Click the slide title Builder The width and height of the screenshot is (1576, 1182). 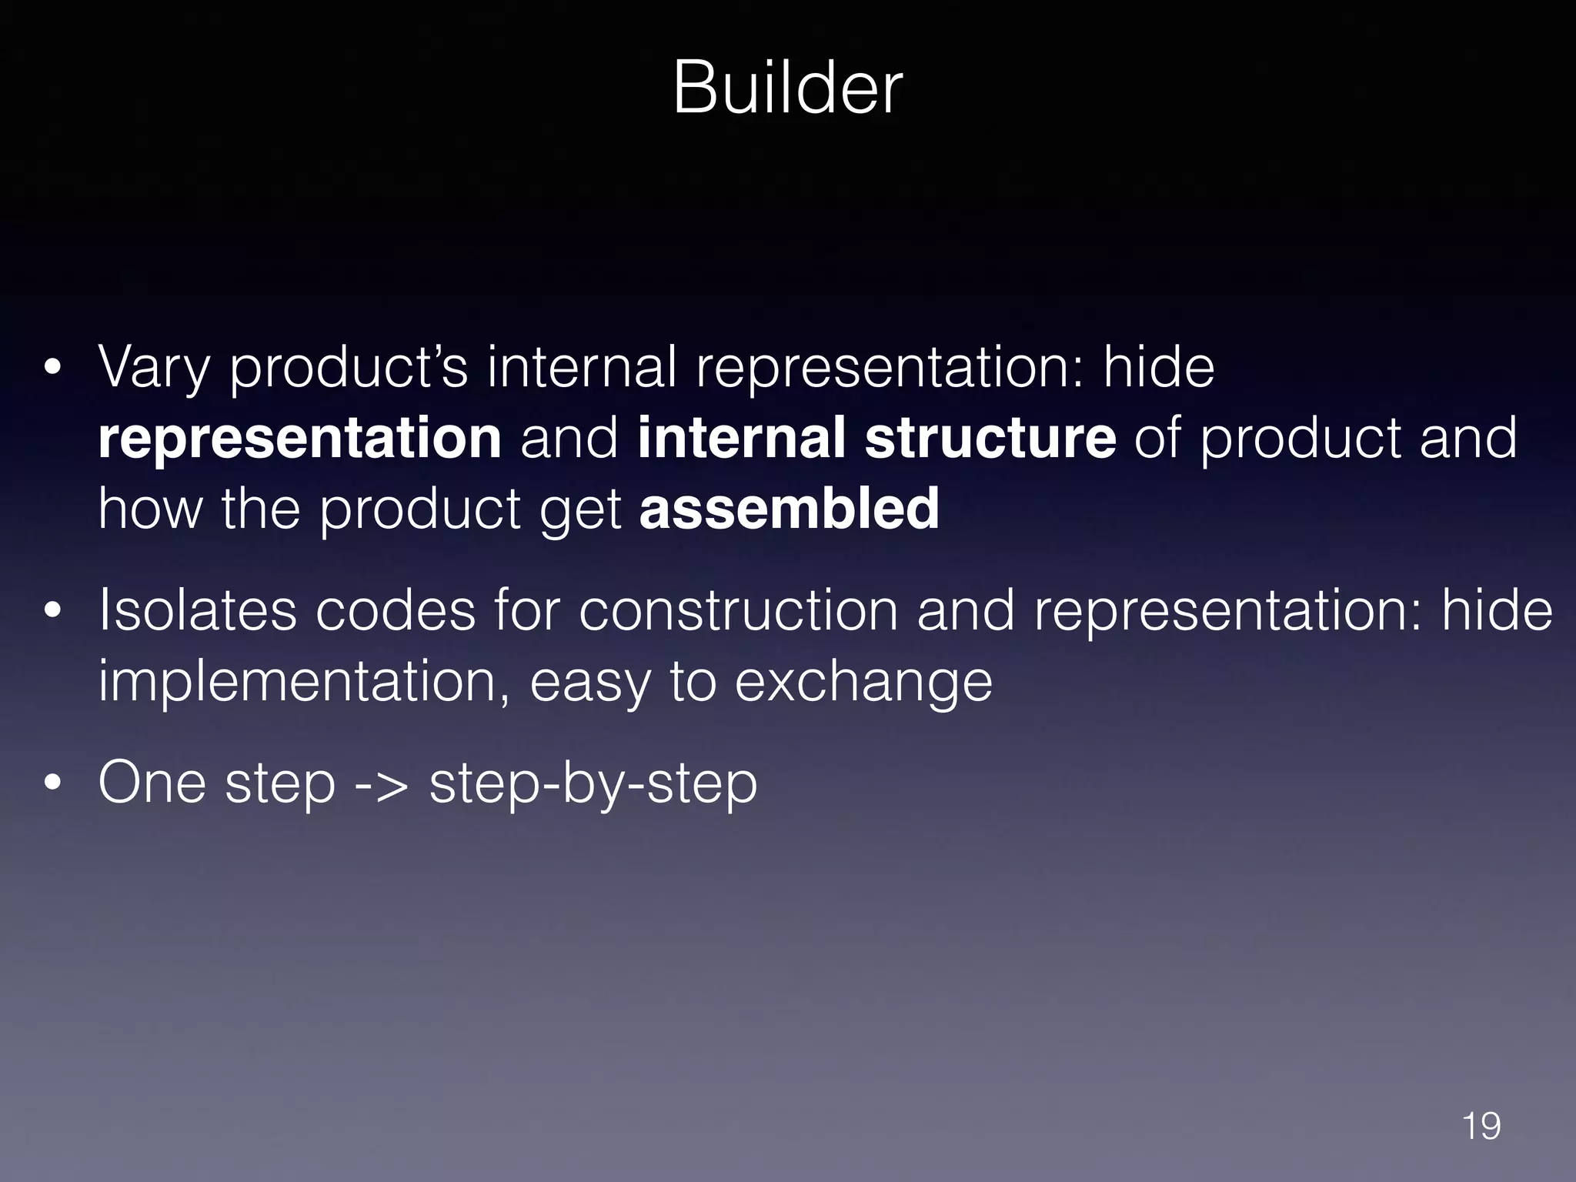[787, 89]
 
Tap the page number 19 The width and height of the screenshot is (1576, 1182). [1481, 1126]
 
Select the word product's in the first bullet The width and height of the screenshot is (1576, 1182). [349, 368]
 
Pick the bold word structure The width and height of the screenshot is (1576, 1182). [990, 437]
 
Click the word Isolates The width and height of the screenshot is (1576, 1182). [197, 610]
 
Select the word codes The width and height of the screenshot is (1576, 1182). [396, 610]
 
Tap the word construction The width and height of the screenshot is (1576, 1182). [738, 610]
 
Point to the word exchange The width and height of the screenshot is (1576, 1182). [863, 682]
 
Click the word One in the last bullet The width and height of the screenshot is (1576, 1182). [152, 783]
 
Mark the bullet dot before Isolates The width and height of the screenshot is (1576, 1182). [52, 611]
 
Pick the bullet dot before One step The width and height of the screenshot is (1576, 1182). [52, 784]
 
